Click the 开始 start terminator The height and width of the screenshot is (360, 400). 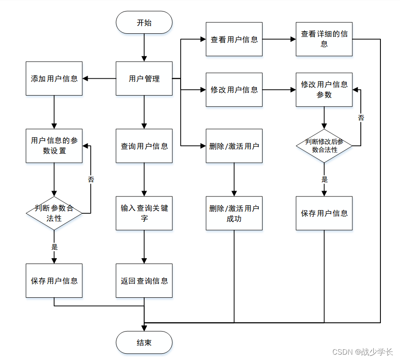(x=144, y=22)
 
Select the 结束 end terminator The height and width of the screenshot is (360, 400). (x=144, y=342)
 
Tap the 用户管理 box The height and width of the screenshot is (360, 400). (x=144, y=79)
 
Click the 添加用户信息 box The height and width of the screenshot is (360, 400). (x=54, y=79)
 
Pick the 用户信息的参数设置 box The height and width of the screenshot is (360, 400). (x=54, y=146)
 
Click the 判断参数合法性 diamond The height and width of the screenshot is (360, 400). (x=54, y=213)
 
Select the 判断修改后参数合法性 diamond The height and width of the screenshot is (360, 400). (x=324, y=146)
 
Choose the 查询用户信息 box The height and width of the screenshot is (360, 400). (x=144, y=146)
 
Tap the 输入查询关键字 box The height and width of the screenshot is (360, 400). (x=144, y=213)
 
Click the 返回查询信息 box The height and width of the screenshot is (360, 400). (x=144, y=280)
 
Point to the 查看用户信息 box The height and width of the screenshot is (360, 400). (x=234, y=39)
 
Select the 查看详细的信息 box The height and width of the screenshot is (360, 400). (x=324, y=39)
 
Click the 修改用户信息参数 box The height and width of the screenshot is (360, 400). (x=324, y=89)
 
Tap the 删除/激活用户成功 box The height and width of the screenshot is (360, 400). (x=234, y=213)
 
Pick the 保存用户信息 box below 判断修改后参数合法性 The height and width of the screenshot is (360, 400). (x=324, y=213)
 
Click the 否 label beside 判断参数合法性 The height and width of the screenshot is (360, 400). (x=91, y=180)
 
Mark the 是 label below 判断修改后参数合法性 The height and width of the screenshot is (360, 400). (x=324, y=180)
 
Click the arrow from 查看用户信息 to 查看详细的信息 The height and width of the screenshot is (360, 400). (x=279, y=39)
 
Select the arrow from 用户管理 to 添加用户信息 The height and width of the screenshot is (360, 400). (x=99, y=79)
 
